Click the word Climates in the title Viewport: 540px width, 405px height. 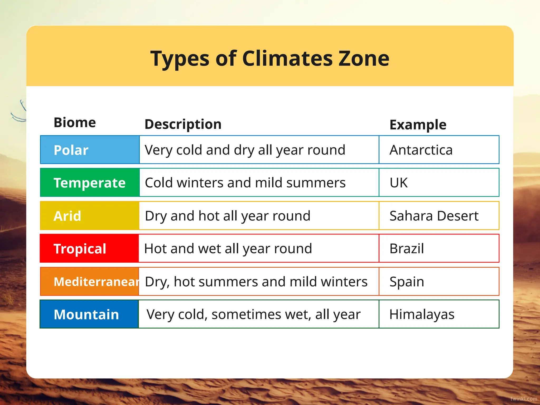(287, 59)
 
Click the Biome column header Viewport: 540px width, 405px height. (75, 123)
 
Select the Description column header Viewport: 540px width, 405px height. (183, 124)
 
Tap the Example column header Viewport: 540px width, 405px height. (418, 125)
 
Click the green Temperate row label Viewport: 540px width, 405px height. (89, 183)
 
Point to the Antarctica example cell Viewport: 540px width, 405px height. (421, 150)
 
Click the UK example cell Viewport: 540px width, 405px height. (399, 183)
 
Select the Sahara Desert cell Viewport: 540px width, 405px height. (434, 216)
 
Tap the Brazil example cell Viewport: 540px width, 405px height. (407, 249)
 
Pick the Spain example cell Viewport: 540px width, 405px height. (407, 282)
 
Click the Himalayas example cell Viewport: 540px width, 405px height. (422, 314)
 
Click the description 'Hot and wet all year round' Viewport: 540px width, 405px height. (228, 249)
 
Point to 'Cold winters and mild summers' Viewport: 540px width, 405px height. (245, 183)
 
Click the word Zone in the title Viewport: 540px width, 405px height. (364, 59)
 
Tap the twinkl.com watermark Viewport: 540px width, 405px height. (523, 399)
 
